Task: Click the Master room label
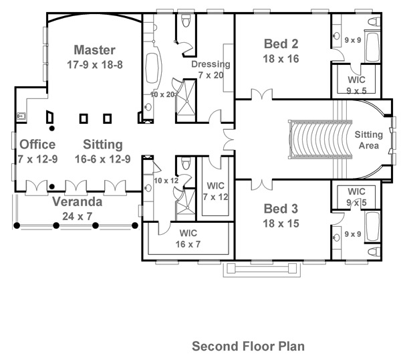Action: [x=94, y=50]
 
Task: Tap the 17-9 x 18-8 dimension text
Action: [x=95, y=64]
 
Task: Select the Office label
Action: [x=37, y=145]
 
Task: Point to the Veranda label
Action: [x=78, y=202]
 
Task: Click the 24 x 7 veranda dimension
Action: [x=77, y=217]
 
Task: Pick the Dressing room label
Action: [x=211, y=64]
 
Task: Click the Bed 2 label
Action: [x=281, y=43]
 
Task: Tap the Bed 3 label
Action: [x=281, y=209]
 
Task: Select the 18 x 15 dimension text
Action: [x=281, y=223]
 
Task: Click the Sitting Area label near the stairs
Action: [x=368, y=140]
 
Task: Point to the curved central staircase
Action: [x=320, y=140]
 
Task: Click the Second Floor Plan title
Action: [x=248, y=346]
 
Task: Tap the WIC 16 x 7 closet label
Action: [x=188, y=239]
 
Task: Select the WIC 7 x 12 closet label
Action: [x=215, y=191]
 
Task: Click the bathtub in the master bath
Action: [x=152, y=68]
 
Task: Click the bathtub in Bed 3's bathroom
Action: [x=373, y=227]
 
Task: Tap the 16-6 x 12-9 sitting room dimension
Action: [x=102, y=159]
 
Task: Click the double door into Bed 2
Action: [x=261, y=94]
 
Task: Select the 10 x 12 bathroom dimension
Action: [x=166, y=181]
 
